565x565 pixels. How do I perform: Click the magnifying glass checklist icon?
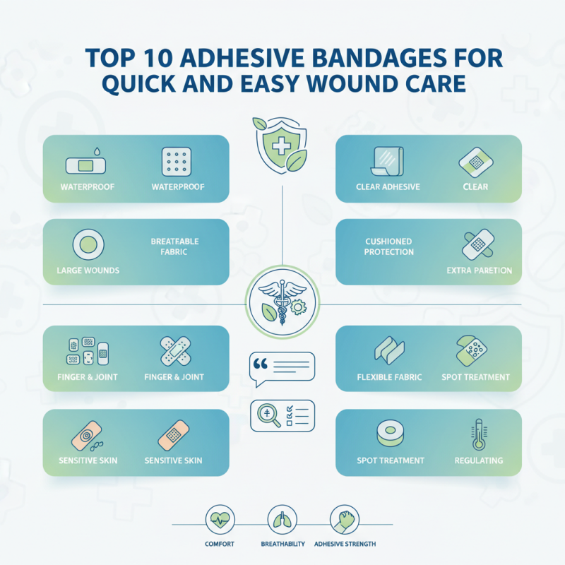point(282,415)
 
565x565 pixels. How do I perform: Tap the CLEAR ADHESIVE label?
point(388,187)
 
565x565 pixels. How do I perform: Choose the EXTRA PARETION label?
point(479,270)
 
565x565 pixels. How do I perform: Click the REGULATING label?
point(479,460)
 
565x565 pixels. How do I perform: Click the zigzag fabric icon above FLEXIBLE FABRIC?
point(387,349)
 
